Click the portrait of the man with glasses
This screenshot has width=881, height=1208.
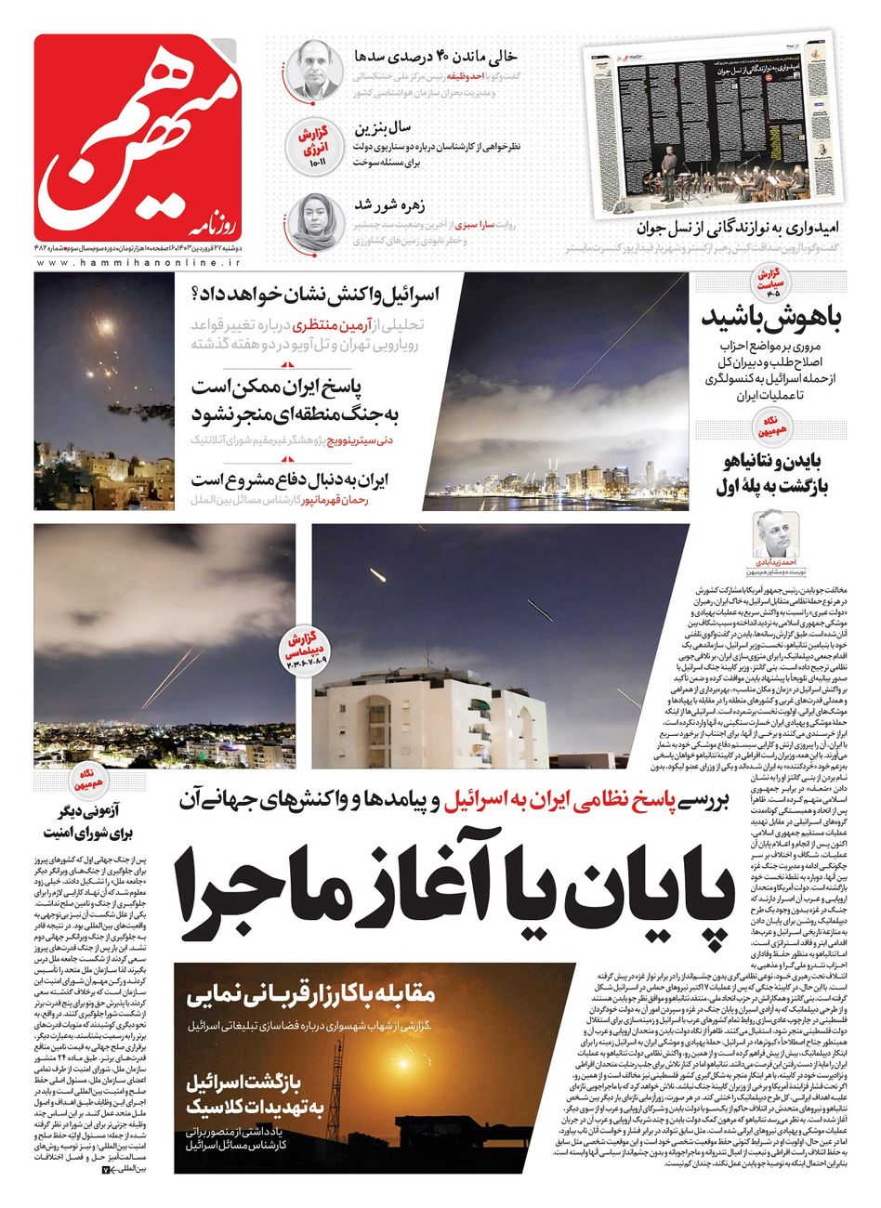pos(313,69)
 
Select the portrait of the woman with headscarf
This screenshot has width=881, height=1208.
pos(313,219)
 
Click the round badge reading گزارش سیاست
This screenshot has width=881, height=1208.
pos(772,285)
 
